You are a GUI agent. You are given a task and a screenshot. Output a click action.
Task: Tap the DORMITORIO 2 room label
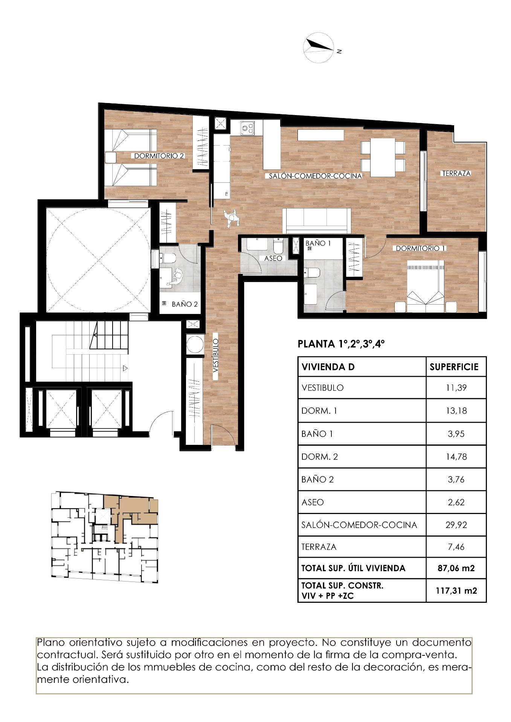[159, 156]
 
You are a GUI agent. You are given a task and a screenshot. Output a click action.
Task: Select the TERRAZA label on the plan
[456, 173]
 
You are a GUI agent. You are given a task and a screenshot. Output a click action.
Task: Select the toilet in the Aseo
[278, 246]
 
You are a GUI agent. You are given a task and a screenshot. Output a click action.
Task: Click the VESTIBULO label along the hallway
[215, 355]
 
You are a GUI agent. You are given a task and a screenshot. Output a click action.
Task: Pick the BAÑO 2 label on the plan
[185, 304]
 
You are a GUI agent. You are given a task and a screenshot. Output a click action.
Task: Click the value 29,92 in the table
[456, 525]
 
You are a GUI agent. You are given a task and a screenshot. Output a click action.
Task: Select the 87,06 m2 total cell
[456, 568]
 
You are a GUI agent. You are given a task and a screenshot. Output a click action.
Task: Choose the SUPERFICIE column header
[454, 367]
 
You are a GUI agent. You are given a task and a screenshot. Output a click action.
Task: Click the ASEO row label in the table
[313, 502]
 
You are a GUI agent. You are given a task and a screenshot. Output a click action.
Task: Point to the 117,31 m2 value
[456, 590]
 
